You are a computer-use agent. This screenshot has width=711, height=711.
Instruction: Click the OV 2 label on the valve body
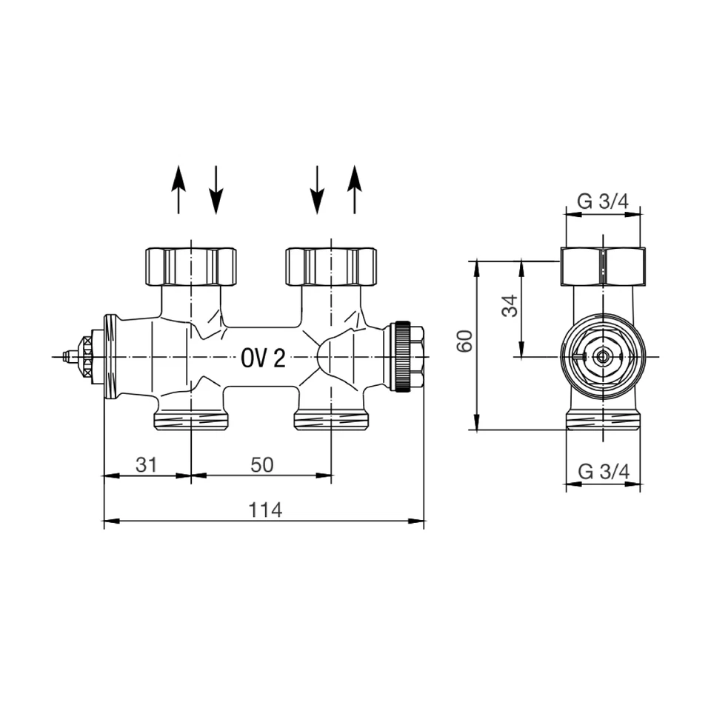[x=263, y=359]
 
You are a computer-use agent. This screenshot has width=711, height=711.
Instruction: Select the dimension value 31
[x=147, y=464]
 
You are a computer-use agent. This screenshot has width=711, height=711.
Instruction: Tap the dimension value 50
[x=261, y=464]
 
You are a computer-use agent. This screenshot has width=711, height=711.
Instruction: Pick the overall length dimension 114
[x=264, y=510]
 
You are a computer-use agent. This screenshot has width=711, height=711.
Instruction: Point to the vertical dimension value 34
[x=510, y=305]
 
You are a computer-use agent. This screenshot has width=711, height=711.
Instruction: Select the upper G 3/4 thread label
[x=603, y=201]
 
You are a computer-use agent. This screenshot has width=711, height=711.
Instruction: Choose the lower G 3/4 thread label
[x=603, y=471]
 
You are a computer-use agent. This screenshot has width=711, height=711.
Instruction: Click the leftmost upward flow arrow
[x=178, y=190]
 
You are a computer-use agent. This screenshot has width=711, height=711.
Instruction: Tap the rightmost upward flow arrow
[x=355, y=190]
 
